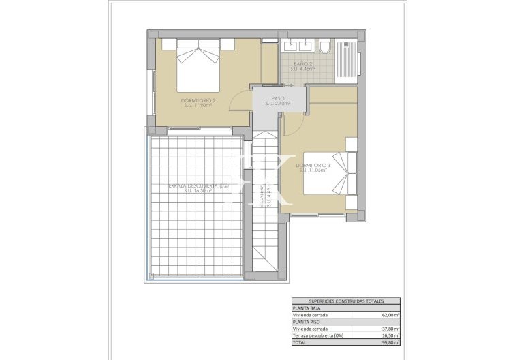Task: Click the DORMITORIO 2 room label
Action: pyautogui.click(x=200, y=103)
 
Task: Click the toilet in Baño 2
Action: pyautogui.click(x=324, y=46)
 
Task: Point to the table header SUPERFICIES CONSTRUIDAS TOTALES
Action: pyautogui.click(x=346, y=301)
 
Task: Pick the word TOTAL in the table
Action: pyautogui.click(x=300, y=344)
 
